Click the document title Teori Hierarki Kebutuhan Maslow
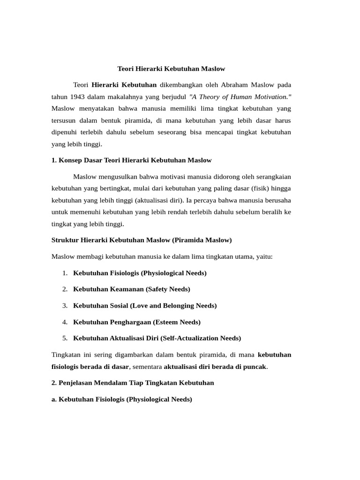click(x=171, y=68)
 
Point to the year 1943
click(x=79, y=97)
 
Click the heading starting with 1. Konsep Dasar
click(x=131, y=160)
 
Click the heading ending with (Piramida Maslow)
click(x=142, y=240)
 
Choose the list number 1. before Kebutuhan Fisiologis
click(x=65, y=273)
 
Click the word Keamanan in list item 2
click(x=121, y=289)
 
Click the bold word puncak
click(x=255, y=367)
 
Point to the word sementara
click(x=147, y=367)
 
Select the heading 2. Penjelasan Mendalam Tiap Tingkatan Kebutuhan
click(x=133, y=383)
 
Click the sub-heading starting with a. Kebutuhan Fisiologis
click(x=122, y=399)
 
